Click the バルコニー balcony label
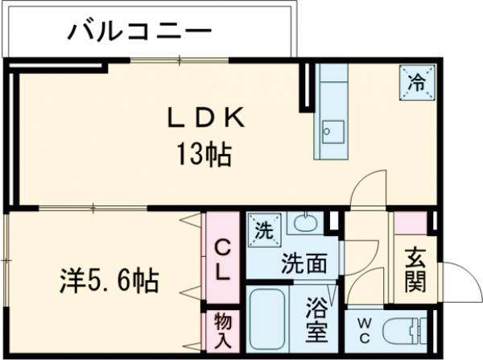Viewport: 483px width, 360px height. coord(140,32)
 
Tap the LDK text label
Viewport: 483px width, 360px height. coord(204,118)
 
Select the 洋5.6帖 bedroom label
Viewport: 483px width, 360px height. coord(108,281)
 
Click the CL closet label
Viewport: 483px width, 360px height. coord(221,259)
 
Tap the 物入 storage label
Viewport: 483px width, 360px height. coord(221,329)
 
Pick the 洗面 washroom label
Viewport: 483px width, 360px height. coord(303,262)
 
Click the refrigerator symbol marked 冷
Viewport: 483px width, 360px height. coord(416,81)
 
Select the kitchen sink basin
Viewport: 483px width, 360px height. coord(332,130)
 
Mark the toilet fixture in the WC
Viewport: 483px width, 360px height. coord(402,331)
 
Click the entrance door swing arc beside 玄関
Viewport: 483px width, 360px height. coord(452,282)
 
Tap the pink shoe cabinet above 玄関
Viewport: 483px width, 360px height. coord(409,223)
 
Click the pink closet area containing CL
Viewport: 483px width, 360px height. coord(221,258)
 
